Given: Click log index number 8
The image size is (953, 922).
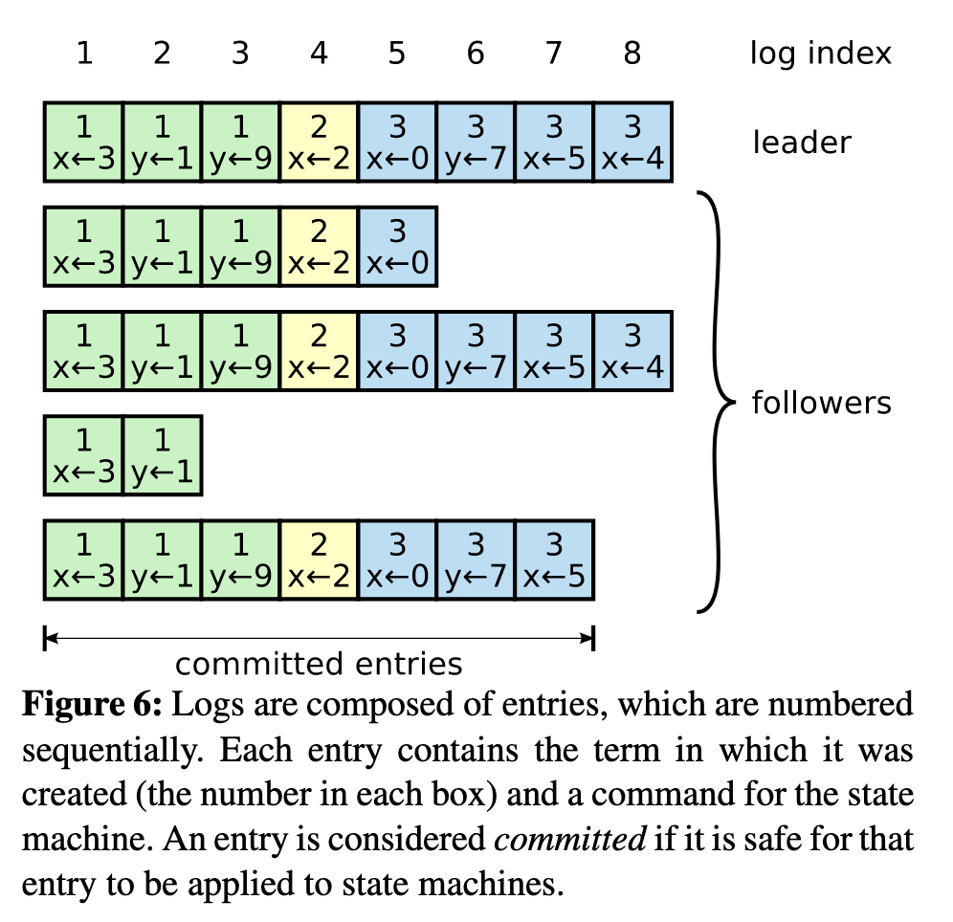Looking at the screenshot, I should [x=632, y=53].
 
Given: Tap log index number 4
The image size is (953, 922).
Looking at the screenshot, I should [x=319, y=53].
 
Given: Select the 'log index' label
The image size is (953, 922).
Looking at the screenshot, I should [x=820, y=53].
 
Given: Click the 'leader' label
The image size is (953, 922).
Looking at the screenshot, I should [x=801, y=143].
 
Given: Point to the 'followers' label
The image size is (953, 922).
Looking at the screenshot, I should [x=821, y=403].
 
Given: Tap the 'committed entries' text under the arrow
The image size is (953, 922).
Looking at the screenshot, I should [x=319, y=664].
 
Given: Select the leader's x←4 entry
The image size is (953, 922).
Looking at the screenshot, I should [x=632, y=143].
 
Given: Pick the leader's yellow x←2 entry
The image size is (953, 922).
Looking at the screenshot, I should [x=319, y=143].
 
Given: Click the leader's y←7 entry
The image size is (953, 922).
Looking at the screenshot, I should [x=476, y=143].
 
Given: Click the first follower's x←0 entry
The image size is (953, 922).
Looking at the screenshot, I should [x=397, y=247].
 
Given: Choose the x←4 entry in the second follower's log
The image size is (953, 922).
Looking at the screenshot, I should [x=632, y=351].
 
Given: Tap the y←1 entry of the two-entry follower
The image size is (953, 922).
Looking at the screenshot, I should [x=162, y=455].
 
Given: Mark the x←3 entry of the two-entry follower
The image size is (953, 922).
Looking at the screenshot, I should [x=83, y=455].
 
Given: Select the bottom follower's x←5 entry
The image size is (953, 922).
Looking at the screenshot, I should [x=554, y=560].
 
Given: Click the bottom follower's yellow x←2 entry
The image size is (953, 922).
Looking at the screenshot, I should [x=319, y=560].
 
